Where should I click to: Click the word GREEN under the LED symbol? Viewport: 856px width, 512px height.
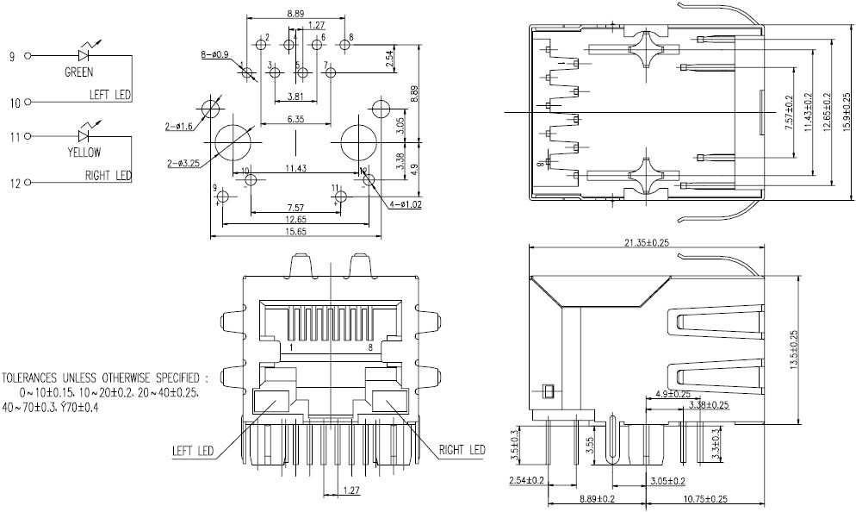coord(79,73)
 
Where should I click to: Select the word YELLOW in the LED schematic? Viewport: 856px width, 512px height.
coord(84,153)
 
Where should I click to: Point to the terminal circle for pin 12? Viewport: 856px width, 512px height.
coord(28,183)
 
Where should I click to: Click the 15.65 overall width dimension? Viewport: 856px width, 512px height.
coord(297,232)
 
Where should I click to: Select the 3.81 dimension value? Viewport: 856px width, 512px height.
coord(295,96)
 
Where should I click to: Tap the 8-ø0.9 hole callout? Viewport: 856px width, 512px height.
coord(215,54)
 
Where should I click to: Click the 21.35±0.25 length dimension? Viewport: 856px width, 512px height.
coord(645,243)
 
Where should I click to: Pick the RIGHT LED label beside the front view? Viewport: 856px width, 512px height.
coord(462,450)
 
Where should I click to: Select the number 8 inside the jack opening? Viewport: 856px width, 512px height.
coord(370,347)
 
